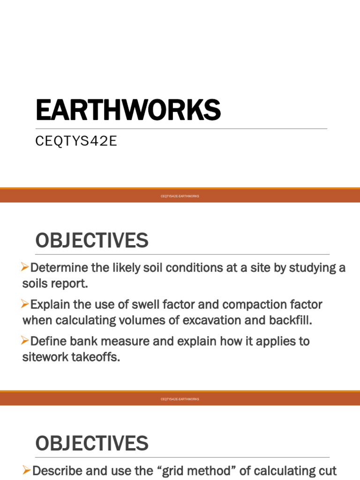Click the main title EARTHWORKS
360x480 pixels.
(128, 111)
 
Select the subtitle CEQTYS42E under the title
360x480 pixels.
(76, 142)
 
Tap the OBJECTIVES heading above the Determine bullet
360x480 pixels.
(92, 241)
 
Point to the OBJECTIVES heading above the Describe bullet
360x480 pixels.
(92, 443)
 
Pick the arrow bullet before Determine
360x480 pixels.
(26, 267)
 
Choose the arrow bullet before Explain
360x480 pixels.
(26, 304)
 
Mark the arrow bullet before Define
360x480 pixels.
(26, 341)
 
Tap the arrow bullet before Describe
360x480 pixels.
(26, 470)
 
